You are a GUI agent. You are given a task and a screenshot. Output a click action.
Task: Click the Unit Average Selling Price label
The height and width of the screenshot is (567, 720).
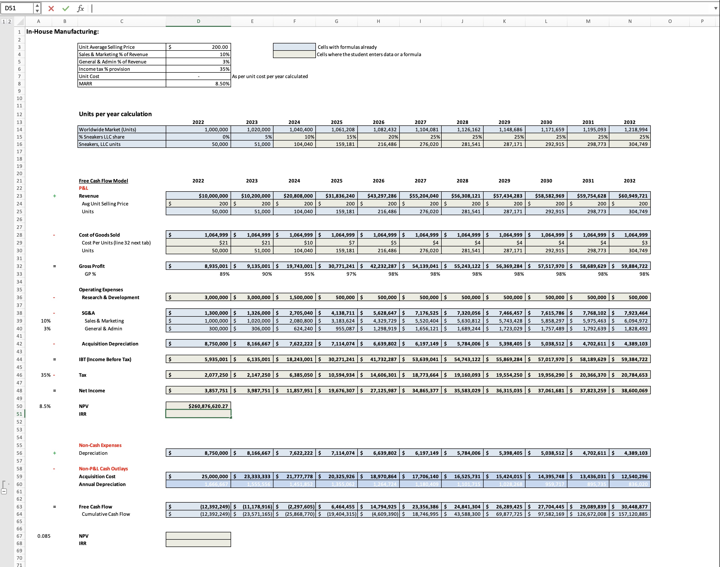pyautogui.click(x=107, y=47)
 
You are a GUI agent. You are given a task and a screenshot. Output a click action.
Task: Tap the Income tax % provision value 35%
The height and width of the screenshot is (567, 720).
pyautogui.click(x=224, y=69)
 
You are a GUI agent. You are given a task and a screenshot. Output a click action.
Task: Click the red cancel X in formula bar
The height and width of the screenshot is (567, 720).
pyautogui.click(x=51, y=8)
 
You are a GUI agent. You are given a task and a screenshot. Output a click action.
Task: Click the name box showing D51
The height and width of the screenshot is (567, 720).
pyautogui.click(x=17, y=8)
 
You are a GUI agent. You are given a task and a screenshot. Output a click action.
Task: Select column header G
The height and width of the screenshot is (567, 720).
pyautogui.click(x=336, y=21)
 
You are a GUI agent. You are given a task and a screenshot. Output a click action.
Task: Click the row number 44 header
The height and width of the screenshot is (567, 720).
pyautogui.click(x=19, y=359)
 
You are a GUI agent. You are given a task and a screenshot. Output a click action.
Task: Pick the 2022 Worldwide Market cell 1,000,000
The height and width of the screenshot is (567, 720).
pyautogui.click(x=216, y=130)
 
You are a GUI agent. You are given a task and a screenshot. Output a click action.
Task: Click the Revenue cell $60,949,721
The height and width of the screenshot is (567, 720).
pyautogui.click(x=632, y=196)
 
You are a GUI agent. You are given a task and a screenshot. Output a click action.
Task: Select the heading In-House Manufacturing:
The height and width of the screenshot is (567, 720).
pyautogui.click(x=62, y=31)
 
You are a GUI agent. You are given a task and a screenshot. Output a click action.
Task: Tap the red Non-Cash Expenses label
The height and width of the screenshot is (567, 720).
pyautogui.click(x=100, y=445)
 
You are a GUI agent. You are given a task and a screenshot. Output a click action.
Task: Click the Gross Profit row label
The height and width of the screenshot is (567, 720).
pyautogui.click(x=92, y=266)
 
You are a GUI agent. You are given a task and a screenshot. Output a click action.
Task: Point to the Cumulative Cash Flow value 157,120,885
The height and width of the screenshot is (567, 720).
pyautogui.click(x=632, y=514)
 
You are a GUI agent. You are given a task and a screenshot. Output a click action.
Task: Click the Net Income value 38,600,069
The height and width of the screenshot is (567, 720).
pyautogui.click(x=634, y=390)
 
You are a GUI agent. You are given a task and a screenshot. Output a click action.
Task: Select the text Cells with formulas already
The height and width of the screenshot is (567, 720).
pyautogui.click(x=347, y=47)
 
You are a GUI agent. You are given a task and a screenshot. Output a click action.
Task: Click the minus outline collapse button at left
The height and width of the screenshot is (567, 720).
pyautogui.click(x=4, y=491)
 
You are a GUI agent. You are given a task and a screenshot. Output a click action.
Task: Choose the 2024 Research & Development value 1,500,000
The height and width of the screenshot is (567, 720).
pyautogui.click(x=301, y=297)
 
